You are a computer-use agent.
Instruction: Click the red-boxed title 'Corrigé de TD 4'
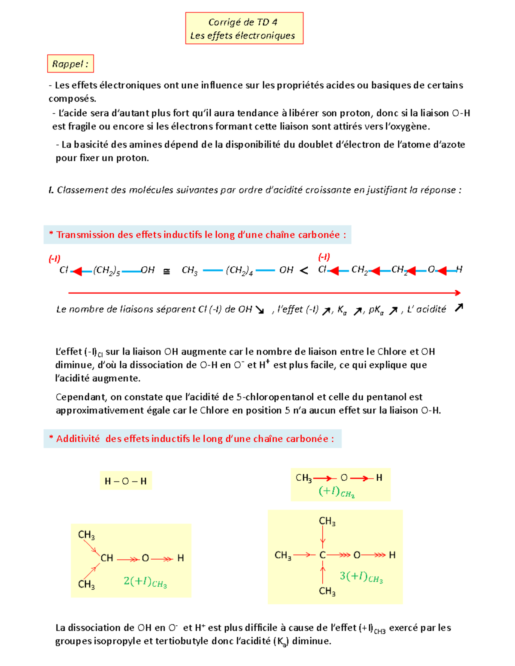pos(243,22)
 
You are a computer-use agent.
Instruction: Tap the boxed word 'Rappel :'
pos(70,64)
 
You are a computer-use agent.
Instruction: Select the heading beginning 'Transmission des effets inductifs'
pos(197,235)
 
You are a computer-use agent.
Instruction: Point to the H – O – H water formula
pos(125,481)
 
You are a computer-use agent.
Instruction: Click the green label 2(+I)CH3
pos(145,582)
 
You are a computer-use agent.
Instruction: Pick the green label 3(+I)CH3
pos(361,577)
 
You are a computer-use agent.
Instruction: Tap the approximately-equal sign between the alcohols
pos(167,271)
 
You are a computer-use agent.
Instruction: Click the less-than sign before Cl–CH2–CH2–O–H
pos(304,271)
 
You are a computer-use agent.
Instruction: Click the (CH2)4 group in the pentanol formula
pos(239,270)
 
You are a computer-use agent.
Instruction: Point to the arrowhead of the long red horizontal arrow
pos(458,293)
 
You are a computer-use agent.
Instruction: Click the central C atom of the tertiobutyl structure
pos(322,555)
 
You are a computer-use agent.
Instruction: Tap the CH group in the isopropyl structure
pos(106,558)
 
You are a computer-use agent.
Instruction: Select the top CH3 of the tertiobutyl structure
pos(327,521)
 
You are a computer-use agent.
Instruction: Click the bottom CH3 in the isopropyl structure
pos(86,584)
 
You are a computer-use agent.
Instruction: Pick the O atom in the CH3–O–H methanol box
pos(344,478)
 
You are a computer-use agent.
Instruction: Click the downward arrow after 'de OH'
pos(260,310)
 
